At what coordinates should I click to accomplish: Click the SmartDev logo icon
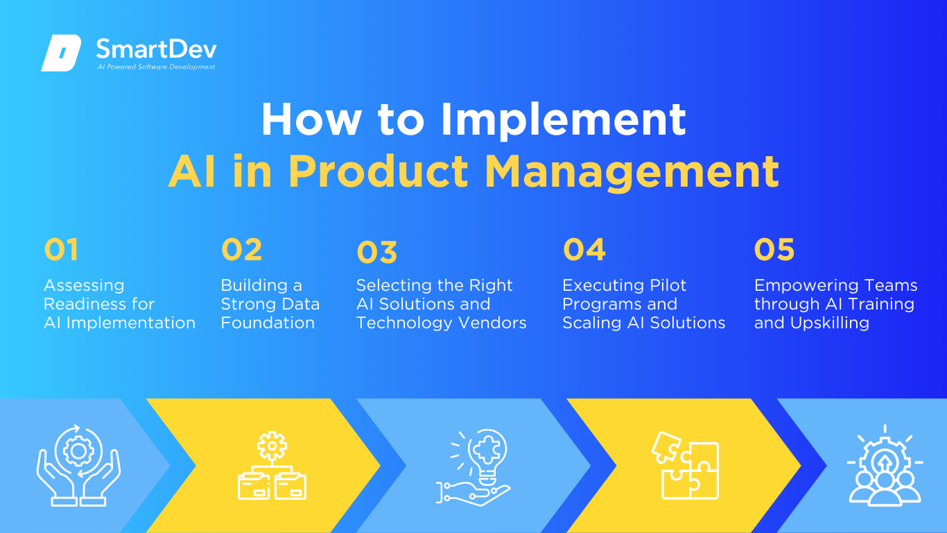tap(61, 53)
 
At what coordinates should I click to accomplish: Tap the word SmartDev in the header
tap(157, 49)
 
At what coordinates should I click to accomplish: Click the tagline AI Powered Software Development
tap(156, 67)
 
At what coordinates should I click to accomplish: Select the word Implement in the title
tap(563, 120)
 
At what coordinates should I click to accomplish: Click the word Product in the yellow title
tap(378, 171)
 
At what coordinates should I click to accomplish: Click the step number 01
tap(61, 249)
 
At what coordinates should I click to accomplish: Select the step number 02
tap(241, 249)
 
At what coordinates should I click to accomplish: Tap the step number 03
tap(376, 252)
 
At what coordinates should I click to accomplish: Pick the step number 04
tap(584, 249)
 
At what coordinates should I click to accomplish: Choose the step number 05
tap(774, 249)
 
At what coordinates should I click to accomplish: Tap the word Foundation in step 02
tap(268, 323)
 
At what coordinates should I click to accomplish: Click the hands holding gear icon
tap(78, 465)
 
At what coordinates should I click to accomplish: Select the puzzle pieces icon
tap(686, 466)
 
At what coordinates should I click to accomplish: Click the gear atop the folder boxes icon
tap(272, 446)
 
